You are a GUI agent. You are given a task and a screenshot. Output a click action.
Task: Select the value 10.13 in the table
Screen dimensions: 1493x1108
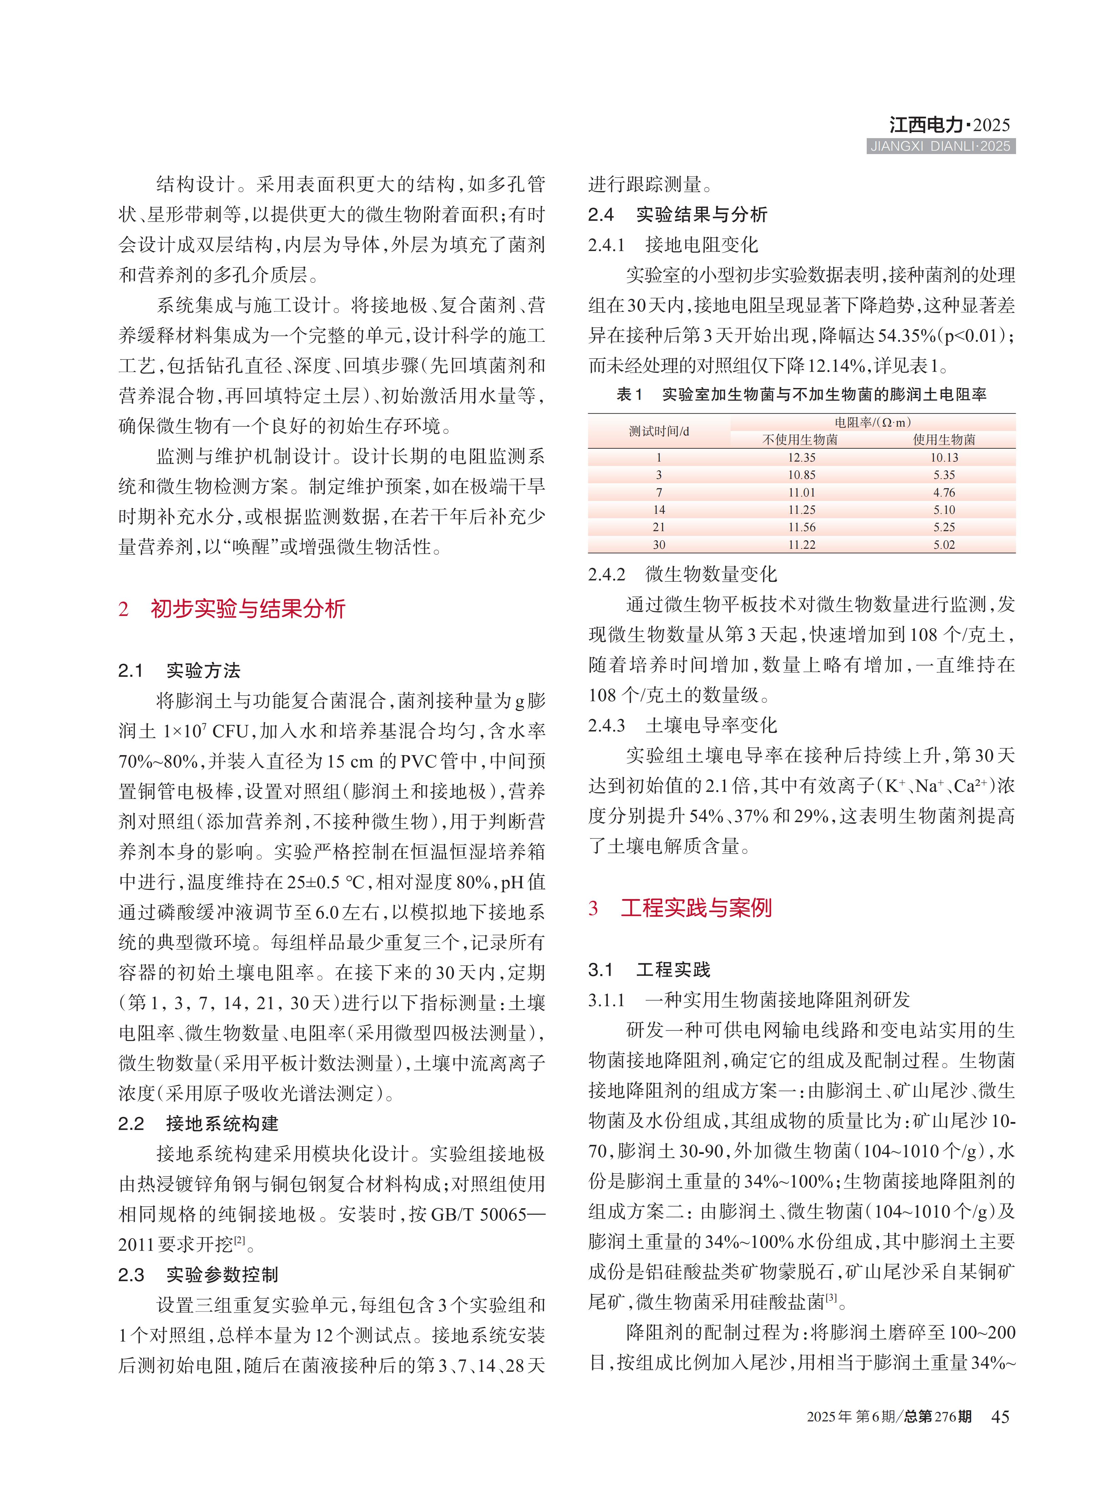tap(944, 458)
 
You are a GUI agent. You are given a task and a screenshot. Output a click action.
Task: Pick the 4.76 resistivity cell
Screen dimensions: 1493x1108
tap(944, 492)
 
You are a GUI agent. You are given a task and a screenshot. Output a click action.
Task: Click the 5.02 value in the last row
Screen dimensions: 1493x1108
tap(944, 545)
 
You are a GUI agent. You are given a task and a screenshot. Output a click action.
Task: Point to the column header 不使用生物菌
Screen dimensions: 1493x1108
tap(800, 440)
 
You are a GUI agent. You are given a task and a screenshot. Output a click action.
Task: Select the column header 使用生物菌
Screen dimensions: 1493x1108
tap(944, 440)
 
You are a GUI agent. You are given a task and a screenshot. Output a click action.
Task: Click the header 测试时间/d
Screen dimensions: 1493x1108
tap(659, 431)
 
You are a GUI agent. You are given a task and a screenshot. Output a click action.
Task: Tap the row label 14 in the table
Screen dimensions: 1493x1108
tap(659, 510)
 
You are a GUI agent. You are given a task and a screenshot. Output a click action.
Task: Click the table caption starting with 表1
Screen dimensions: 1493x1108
tap(802, 395)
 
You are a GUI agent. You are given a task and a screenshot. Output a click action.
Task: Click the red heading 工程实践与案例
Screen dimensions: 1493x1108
tap(696, 908)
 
